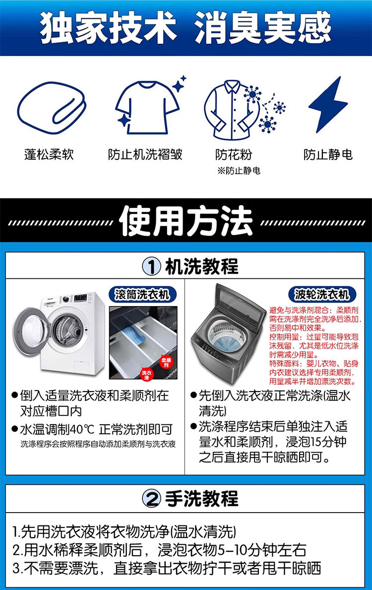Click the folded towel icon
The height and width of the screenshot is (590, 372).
(x=52, y=108)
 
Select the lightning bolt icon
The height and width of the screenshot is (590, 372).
(x=328, y=104)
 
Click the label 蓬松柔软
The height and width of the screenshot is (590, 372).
(x=49, y=155)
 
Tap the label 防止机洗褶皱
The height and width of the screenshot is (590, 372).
(x=145, y=155)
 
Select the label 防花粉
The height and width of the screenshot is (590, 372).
(x=234, y=155)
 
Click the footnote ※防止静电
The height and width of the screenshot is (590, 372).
(x=239, y=171)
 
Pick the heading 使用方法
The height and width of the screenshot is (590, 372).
(x=186, y=221)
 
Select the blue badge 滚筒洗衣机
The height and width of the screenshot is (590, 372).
(x=142, y=294)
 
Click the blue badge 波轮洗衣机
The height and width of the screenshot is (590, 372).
(x=322, y=294)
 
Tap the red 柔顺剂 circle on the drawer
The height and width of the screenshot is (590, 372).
(x=166, y=362)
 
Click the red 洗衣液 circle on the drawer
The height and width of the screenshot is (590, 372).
(x=147, y=375)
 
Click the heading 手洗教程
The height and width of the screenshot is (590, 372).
(x=201, y=499)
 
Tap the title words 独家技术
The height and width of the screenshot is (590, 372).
(x=108, y=27)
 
